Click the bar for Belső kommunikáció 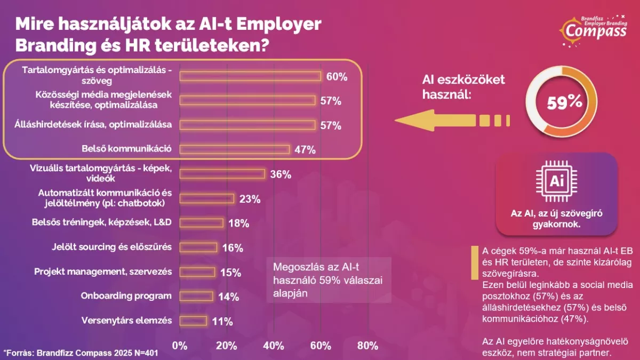(x=235, y=149)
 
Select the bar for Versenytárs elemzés (x=193, y=321)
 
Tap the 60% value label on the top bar (x=337, y=77)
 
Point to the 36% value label (x=281, y=174)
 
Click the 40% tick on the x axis (x=274, y=346)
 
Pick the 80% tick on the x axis (x=367, y=346)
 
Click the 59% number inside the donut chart (x=565, y=102)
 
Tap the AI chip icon (x=557, y=181)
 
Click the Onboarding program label (x=126, y=295)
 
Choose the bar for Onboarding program (x=196, y=297)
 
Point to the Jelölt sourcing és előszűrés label (x=111, y=247)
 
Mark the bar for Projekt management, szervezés (x=197, y=272)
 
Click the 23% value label (x=250, y=199)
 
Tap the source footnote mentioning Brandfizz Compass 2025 (x=81, y=353)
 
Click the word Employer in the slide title (x=279, y=24)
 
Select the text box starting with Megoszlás (x=329, y=280)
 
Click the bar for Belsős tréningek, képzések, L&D (x=202, y=223)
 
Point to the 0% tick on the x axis (x=180, y=346)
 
